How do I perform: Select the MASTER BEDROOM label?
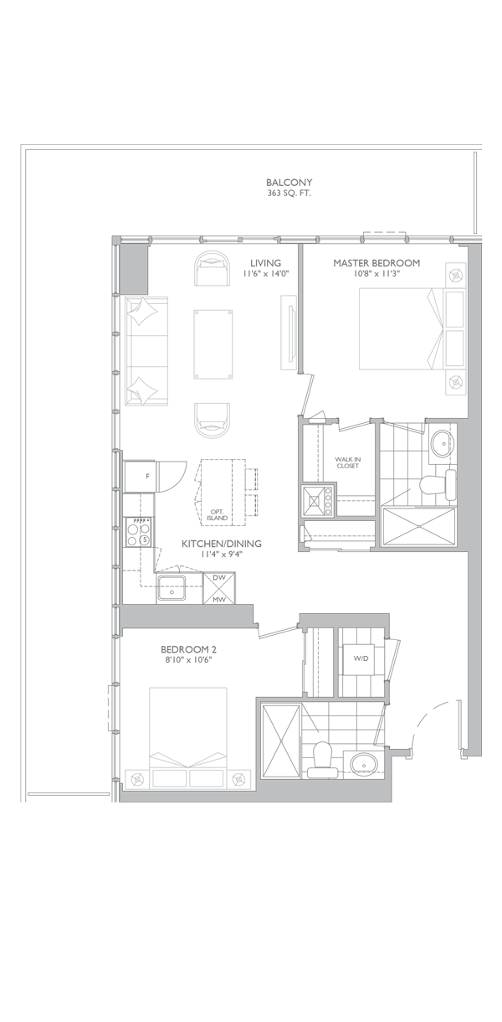pyautogui.click(x=376, y=263)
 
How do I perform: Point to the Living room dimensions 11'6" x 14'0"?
pyautogui.click(x=265, y=273)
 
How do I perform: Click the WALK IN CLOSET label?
pyautogui.click(x=347, y=462)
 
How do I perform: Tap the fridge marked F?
pyautogui.click(x=140, y=477)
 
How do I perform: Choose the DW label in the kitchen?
pyautogui.click(x=219, y=578)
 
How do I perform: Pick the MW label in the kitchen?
pyautogui.click(x=219, y=600)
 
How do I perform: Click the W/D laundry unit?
pyautogui.click(x=359, y=658)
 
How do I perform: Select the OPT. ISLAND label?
pyautogui.click(x=218, y=514)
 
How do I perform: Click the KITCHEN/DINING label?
pyautogui.click(x=222, y=544)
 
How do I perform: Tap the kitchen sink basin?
pyautogui.click(x=172, y=588)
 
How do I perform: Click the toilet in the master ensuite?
pyautogui.click(x=438, y=486)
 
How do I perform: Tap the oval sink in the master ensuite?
pyautogui.click(x=442, y=442)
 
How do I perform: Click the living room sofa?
pyautogui.click(x=146, y=351)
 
